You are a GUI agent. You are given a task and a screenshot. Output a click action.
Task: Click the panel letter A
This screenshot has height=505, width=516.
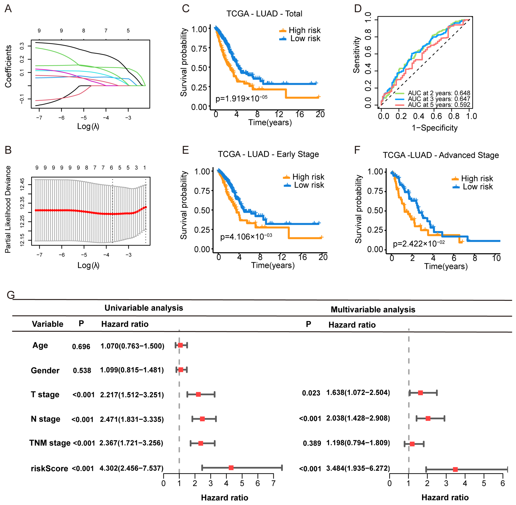coord(8,9)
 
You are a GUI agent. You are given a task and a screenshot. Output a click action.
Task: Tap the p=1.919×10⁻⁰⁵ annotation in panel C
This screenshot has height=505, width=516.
coord(241,99)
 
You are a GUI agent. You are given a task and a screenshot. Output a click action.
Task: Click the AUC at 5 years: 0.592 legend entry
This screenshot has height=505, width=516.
coord(439,105)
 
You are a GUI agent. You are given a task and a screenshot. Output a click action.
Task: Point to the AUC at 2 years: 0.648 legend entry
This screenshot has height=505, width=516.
coord(439,93)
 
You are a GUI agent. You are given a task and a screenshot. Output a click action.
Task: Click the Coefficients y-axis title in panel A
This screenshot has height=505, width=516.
coord(8,66)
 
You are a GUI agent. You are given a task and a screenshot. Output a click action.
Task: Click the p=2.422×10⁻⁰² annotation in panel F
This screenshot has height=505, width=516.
coord(419,243)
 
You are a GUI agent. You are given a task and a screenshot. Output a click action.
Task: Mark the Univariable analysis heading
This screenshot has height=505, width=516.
coord(144,308)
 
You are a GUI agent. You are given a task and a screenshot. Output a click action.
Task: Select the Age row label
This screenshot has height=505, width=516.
coord(40,345)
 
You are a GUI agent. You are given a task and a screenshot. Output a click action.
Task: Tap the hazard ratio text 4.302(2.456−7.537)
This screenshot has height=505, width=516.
coord(131,468)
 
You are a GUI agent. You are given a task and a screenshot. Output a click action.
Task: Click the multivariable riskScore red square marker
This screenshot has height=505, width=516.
coord(455,470)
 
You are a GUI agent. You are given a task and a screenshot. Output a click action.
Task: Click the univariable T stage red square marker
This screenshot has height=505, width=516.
coord(198,394)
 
